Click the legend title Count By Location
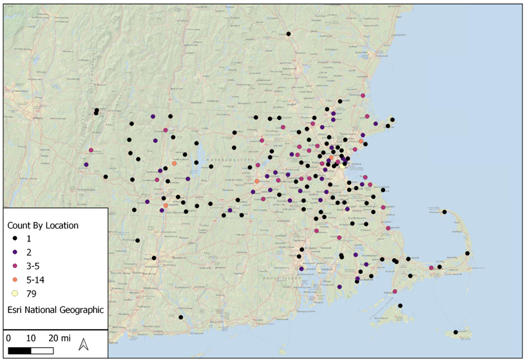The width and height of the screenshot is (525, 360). [x=43, y=225]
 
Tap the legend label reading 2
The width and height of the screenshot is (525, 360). [x=29, y=252]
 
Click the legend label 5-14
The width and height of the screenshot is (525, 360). [x=35, y=279]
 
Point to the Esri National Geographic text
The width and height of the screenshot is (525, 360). [x=55, y=310]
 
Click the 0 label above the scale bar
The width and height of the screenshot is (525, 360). [x=8, y=338]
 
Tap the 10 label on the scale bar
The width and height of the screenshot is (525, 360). [x=30, y=338]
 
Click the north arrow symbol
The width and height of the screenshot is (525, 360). [x=83, y=345]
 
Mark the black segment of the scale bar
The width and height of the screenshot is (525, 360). [x=20, y=350]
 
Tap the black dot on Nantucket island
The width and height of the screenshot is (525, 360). [x=455, y=332]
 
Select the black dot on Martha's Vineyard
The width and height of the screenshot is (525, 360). [x=400, y=306]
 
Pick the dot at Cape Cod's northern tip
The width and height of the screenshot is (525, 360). [x=444, y=212]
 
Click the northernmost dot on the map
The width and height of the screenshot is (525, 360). [x=289, y=33]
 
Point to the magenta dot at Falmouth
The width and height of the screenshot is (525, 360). [x=395, y=291]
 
